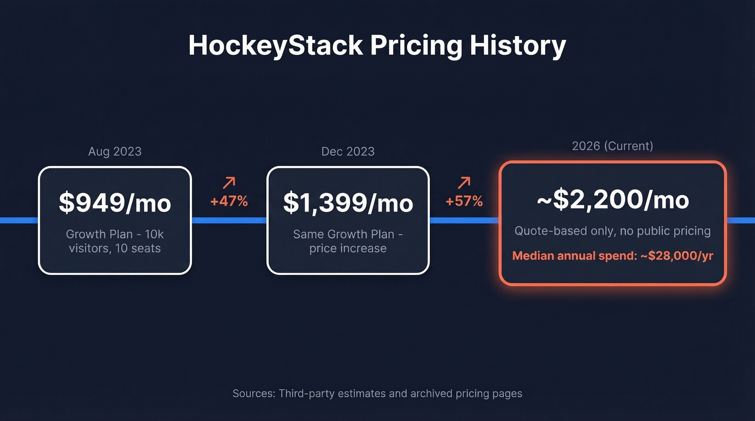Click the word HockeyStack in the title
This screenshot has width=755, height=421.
(276, 45)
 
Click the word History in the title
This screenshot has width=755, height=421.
(517, 45)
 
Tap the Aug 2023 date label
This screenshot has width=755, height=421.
(115, 151)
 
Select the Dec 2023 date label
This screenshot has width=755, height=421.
(348, 151)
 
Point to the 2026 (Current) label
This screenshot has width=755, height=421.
(613, 146)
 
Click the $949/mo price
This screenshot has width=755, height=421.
(115, 203)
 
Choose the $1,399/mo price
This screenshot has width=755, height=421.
(348, 203)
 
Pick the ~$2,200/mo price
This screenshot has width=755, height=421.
(613, 200)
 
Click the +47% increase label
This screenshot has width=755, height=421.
(229, 202)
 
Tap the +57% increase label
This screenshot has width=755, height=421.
(464, 202)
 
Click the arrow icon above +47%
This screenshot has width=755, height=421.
(229, 183)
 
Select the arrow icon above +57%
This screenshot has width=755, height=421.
(464, 183)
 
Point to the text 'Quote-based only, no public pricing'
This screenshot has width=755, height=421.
(613, 231)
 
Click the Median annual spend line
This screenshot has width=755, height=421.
(613, 256)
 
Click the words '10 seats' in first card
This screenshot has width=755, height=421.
(138, 249)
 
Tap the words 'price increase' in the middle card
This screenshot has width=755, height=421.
(348, 249)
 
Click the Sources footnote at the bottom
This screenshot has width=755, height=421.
(377, 394)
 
